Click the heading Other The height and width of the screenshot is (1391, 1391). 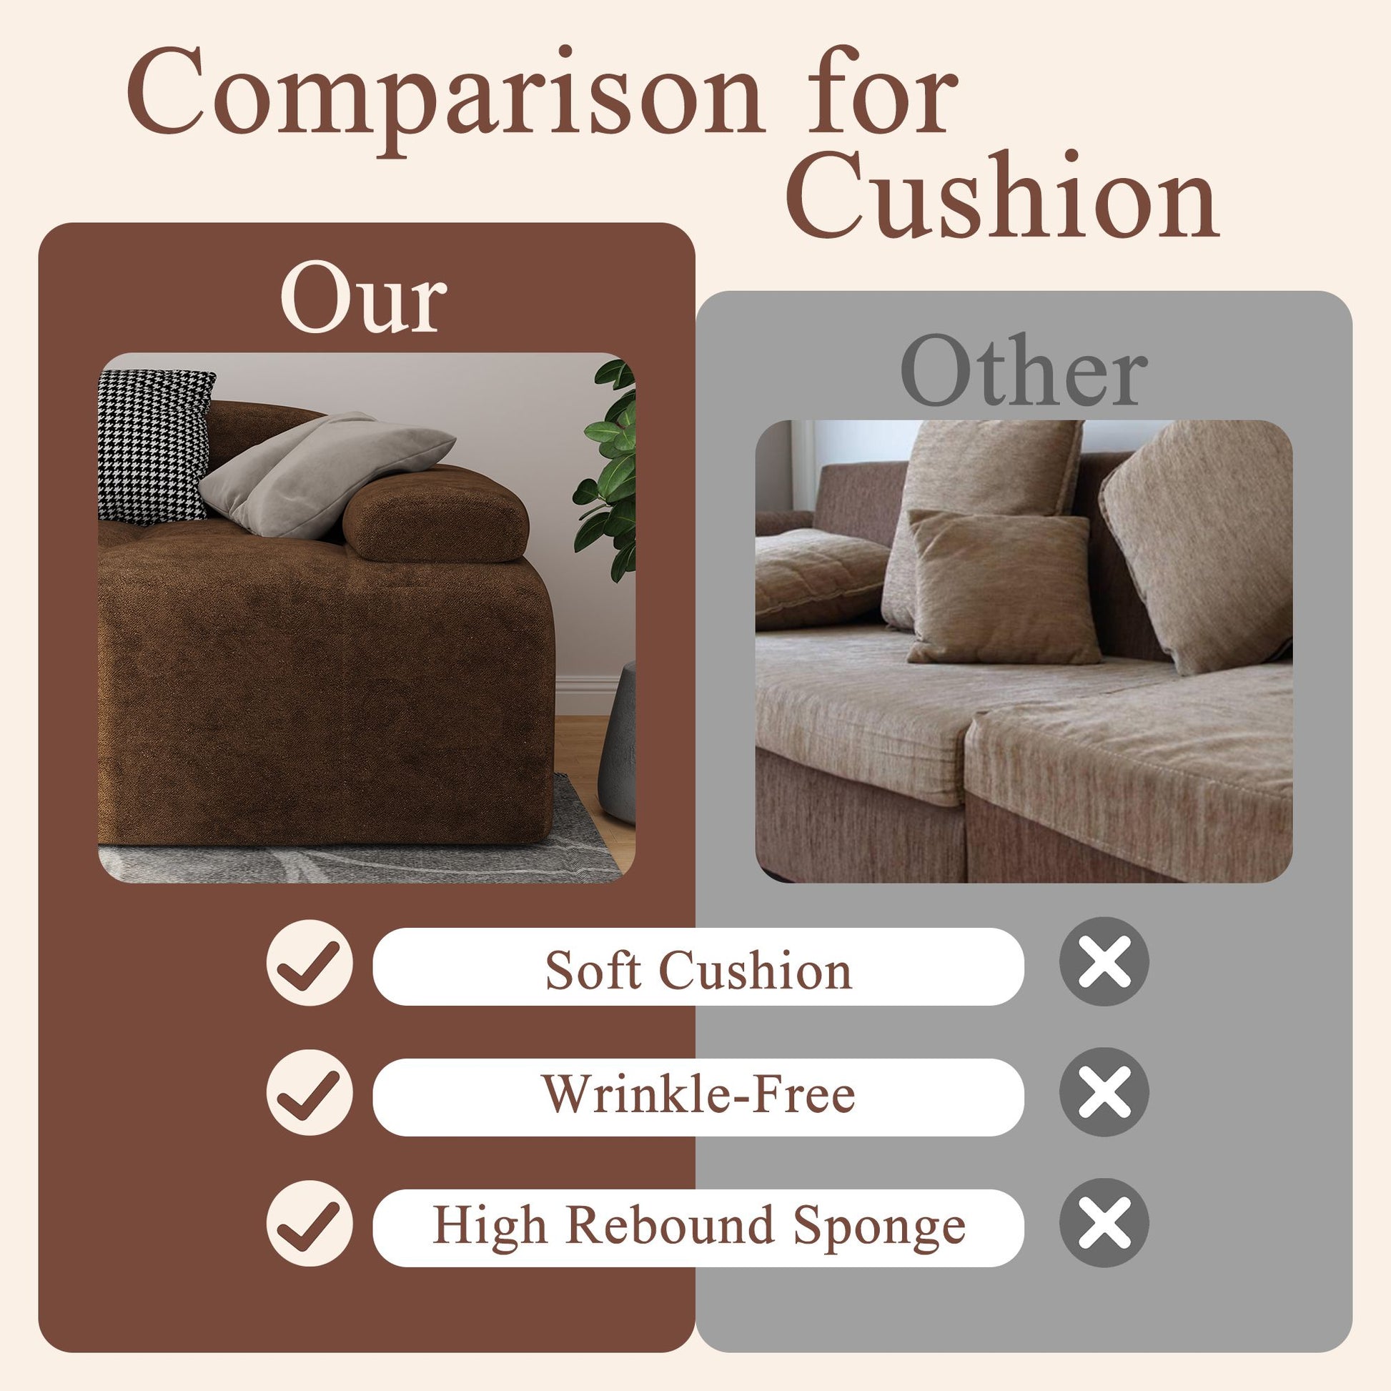(x=1024, y=370)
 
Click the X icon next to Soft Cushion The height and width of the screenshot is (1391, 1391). (x=1104, y=962)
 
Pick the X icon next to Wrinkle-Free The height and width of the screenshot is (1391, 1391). (x=1104, y=1093)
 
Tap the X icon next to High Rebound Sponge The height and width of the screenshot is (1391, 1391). (x=1104, y=1223)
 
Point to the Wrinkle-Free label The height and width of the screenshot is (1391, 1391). (x=698, y=1094)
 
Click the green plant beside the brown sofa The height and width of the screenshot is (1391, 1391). (x=606, y=468)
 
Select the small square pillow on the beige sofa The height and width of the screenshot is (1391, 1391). (x=1002, y=587)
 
